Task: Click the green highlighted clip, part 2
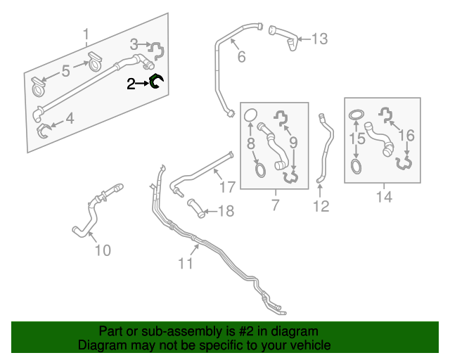tap(156, 83)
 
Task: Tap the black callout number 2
tap(131, 84)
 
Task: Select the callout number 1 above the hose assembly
tap(86, 34)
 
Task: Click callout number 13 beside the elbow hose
tap(319, 39)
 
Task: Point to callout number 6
tap(241, 57)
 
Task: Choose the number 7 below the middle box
tap(275, 205)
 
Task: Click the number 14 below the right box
tap(383, 197)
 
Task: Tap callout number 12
tap(321, 206)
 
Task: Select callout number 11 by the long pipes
tap(185, 264)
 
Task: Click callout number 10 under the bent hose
tap(103, 250)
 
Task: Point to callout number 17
tap(226, 188)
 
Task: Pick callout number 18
tap(226, 211)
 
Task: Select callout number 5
tap(65, 70)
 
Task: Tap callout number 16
tap(406, 134)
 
